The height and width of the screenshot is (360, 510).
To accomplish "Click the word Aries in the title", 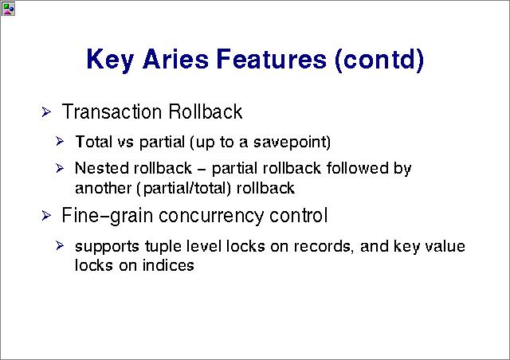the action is pos(175,59).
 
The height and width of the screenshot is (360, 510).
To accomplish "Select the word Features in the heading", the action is pos(272,59).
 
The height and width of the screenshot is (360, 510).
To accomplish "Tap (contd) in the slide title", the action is pos(379,60).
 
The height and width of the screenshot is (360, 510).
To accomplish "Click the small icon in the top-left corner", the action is pos(8,9).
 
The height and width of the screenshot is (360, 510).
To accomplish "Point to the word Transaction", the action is pos(112,112).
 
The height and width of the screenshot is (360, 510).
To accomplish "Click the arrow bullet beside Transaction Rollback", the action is pos(46,112).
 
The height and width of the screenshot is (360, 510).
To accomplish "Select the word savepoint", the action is pos(292,142).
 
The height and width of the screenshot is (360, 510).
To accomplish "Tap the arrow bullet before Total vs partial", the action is pos(60,142).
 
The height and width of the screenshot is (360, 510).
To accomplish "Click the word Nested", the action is pos(102,169).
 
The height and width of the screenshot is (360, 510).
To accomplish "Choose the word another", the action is pos(103,189).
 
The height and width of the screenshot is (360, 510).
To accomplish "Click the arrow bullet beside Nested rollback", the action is pos(60,168).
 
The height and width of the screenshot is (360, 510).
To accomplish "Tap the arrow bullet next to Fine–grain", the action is pos(46,215).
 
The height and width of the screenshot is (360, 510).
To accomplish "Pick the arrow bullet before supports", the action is pos(60,245).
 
